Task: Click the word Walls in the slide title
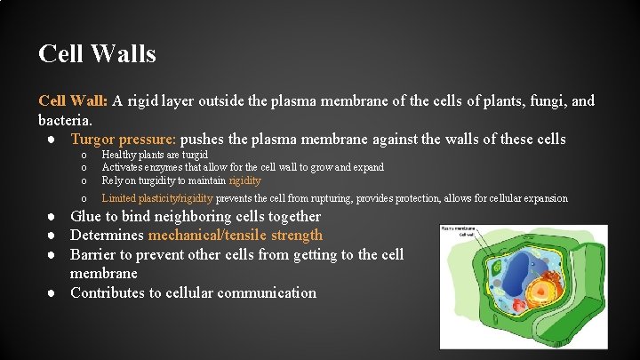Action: click(124, 54)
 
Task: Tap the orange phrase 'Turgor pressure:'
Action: click(124, 140)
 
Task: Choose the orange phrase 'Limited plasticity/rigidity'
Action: click(157, 198)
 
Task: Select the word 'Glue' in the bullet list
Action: click(87, 217)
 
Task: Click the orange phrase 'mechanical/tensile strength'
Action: click(236, 236)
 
